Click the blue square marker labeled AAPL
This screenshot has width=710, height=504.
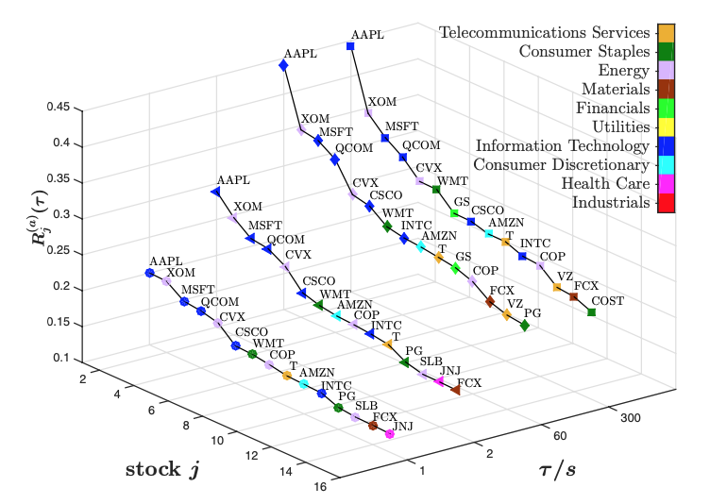(x=350, y=46)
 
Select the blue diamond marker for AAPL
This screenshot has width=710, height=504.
(x=283, y=66)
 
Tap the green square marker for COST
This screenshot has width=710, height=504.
(x=591, y=312)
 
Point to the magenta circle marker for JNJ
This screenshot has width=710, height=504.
(x=389, y=434)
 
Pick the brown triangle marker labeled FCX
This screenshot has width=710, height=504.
(x=455, y=390)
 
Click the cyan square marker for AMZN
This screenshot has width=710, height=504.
(x=488, y=234)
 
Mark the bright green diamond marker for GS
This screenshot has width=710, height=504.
(x=455, y=269)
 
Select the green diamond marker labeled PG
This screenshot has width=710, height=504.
(x=524, y=325)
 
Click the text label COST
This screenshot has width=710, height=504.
(x=608, y=301)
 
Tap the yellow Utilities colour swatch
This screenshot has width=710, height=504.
(x=666, y=126)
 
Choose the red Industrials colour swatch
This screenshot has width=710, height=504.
(x=666, y=202)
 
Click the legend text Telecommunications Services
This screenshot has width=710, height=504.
(x=544, y=33)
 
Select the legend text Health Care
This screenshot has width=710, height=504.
(x=605, y=183)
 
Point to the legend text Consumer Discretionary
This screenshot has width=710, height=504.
(x=562, y=165)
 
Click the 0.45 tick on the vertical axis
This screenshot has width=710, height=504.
(x=59, y=108)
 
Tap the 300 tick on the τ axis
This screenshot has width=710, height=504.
(x=631, y=417)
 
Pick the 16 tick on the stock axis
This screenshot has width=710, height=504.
(x=320, y=487)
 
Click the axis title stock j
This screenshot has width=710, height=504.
(x=162, y=470)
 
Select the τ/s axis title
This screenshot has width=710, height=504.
(x=557, y=470)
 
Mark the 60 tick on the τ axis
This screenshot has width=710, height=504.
(x=560, y=436)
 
